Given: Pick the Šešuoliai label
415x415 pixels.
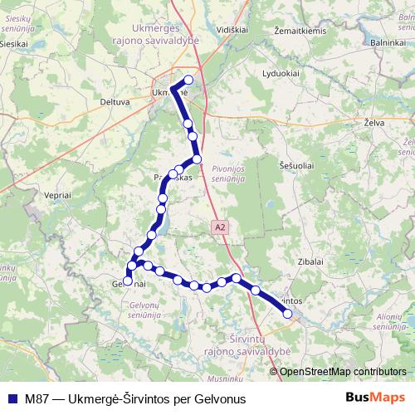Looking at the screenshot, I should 297,166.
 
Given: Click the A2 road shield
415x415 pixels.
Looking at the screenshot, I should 219,225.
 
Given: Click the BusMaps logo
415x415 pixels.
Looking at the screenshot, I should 377,398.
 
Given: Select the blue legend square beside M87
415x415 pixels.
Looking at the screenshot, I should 12,398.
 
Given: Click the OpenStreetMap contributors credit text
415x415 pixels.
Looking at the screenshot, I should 343,371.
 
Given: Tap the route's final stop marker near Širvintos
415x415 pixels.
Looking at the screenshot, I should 288,313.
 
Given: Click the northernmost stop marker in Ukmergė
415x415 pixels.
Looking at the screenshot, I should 188,81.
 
